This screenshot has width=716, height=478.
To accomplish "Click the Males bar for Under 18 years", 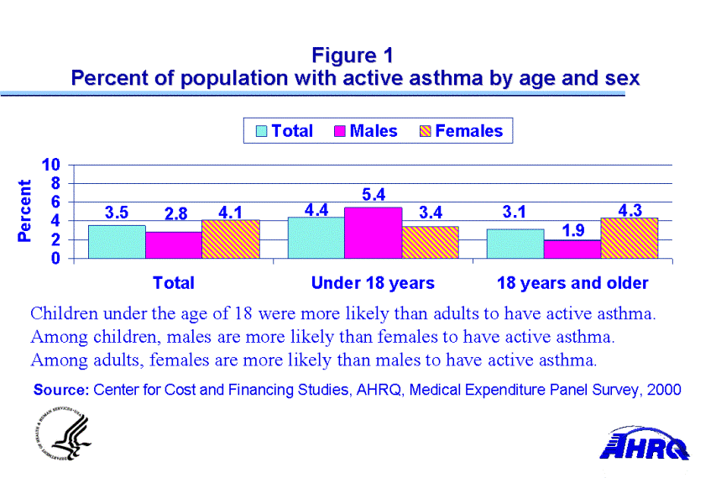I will pyautogui.click(x=373, y=233).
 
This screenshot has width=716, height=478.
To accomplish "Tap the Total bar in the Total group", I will pyautogui.click(x=117, y=242).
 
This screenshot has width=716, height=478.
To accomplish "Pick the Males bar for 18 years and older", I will pyautogui.click(x=572, y=250).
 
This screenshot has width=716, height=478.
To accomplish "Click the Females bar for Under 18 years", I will pyautogui.click(x=431, y=242).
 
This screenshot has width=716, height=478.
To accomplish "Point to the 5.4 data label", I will pyautogui.click(x=374, y=195).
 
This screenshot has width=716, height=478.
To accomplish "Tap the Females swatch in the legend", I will pyautogui.click(x=426, y=131).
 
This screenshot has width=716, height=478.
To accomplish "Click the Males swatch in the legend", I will pyautogui.click(x=341, y=131).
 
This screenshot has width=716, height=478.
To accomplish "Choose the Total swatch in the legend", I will pyautogui.click(x=262, y=131).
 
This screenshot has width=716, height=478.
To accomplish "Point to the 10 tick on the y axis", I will pyautogui.click(x=52, y=165).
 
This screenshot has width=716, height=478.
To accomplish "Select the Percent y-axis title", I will pyautogui.click(x=25, y=211).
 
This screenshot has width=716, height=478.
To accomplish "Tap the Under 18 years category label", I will pyautogui.click(x=373, y=283).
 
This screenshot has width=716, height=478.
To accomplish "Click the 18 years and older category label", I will pyautogui.click(x=572, y=283).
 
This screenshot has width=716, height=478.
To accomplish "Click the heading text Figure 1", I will pyautogui.click(x=353, y=55).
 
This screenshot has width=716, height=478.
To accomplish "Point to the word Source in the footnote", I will pyautogui.click(x=60, y=390).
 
